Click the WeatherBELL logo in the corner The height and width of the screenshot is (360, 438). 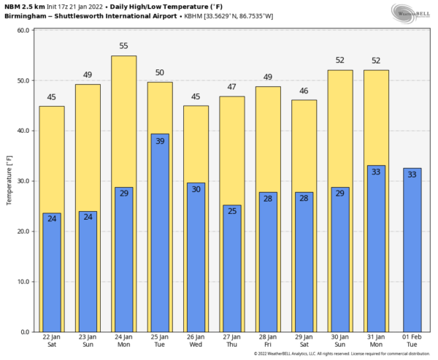(411, 12)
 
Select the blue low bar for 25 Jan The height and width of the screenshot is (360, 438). (160, 234)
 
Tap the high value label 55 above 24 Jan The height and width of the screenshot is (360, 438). (123, 46)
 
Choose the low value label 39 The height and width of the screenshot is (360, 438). (160, 141)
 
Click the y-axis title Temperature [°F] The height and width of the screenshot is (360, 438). (9, 181)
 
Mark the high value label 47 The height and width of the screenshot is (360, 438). (231, 87)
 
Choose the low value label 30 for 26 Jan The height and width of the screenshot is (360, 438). (196, 189)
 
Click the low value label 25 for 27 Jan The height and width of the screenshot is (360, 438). (231, 212)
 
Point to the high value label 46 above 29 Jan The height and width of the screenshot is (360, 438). (304, 91)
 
